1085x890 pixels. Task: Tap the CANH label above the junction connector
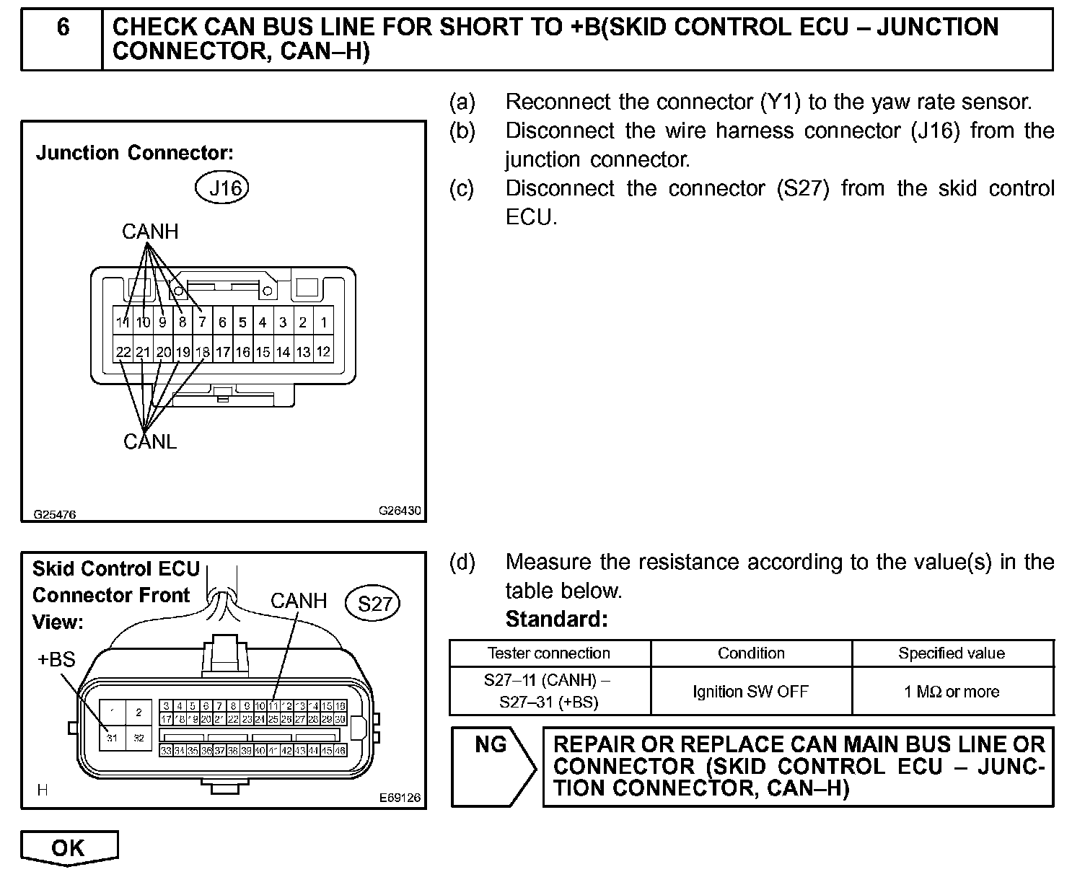click(x=150, y=232)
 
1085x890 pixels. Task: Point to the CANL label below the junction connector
click(x=150, y=441)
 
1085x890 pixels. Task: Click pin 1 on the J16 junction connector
click(x=324, y=322)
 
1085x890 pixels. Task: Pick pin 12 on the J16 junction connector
click(x=324, y=352)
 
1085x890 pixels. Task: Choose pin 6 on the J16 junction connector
click(x=223, y=322)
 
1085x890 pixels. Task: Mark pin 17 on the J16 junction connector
click(x=223, y=352)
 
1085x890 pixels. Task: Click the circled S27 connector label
click(x=374, y=604)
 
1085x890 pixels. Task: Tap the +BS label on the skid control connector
click(x=56, y=659)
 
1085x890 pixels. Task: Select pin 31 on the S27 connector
click(x=112, y=738)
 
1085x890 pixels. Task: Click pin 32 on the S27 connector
click(x=139, y=738)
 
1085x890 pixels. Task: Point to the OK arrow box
click(x=69, y=848)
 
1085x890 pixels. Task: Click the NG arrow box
click(x=492, y=765)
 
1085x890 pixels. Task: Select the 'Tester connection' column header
click(x=549, y=653)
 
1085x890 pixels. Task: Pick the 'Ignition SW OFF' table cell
click(x=750, y=692)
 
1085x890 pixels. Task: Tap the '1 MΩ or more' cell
click(x=952, y=692)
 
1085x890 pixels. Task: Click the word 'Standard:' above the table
click(x=556, y=620)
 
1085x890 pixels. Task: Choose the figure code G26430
click(x=400, y=511)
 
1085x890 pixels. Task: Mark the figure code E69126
click(x=400, y=798)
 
